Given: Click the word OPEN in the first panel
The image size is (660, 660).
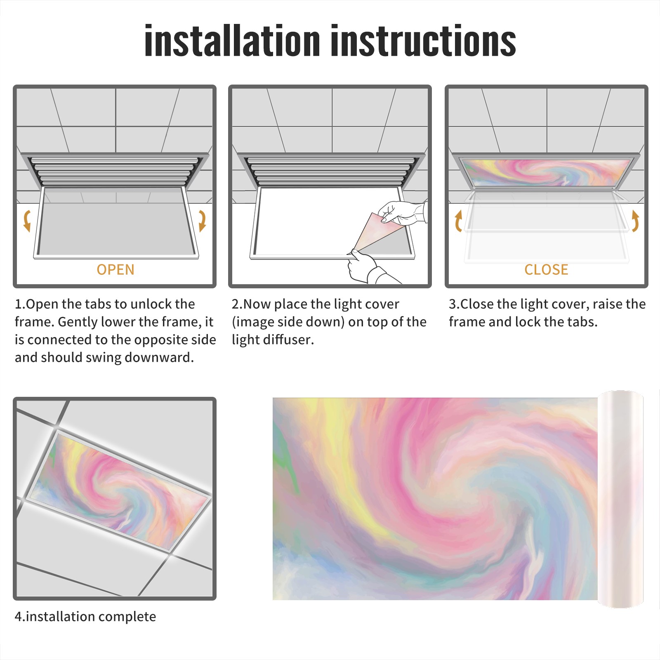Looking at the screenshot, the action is coord(115,269).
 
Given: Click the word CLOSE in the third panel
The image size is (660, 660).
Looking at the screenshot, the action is coord(546,269).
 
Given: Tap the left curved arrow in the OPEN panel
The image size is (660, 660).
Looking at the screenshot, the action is coord(27,220).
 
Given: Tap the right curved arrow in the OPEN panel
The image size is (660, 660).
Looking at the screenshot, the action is coord(202,220).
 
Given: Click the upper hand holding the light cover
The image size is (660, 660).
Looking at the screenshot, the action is coord(403,213).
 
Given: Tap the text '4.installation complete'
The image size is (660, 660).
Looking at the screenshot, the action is coord(85,616).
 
